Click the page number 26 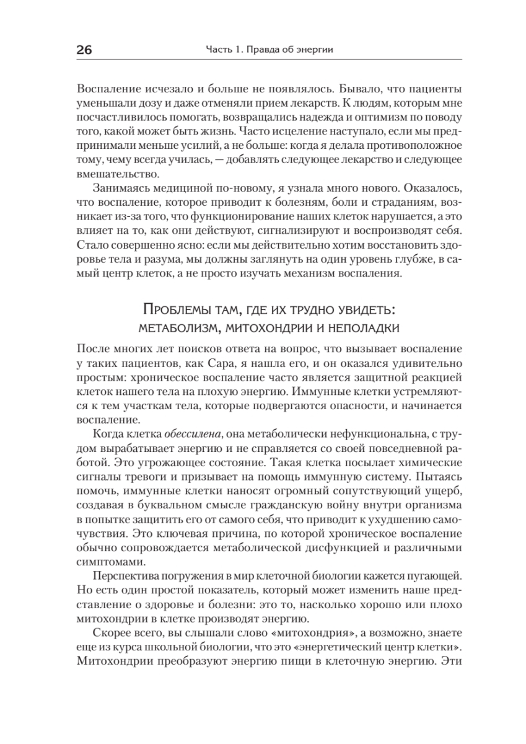tap(83, 50)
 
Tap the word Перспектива tap(123, 578)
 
